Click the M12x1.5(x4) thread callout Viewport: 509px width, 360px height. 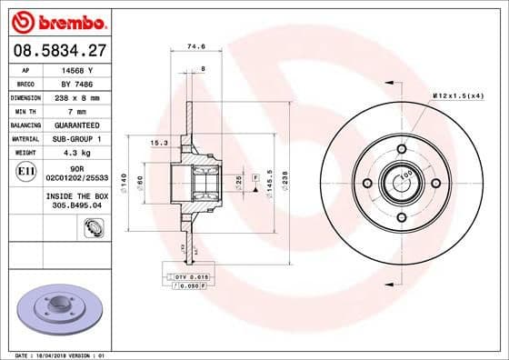pos(459,95)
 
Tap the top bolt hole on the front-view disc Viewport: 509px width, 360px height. pos(401,149)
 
